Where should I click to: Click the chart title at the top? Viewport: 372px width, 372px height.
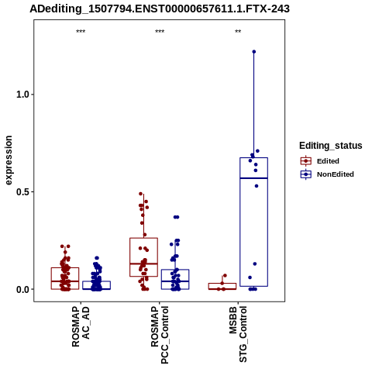pos(160,9)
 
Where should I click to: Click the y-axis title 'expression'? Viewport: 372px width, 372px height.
pos(9,160)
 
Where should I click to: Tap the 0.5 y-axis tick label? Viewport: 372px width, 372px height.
pos(22,192)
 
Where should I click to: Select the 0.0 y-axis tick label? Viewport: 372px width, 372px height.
pos(22,289)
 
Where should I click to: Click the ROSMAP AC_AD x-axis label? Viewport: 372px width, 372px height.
pos(81,327)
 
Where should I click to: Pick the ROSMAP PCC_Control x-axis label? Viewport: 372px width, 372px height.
pos(160,335)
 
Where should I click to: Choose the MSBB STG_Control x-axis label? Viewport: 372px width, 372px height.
pos(238,334)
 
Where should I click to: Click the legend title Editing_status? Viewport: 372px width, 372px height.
pos(331,146)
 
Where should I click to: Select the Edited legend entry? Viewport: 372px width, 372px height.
pos(328,161)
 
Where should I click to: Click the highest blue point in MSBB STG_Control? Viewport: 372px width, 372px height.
pos(254,52)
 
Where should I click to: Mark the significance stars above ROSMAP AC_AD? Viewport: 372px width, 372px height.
pos(81,32)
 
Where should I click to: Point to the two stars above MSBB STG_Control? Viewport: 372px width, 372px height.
pos(238,32)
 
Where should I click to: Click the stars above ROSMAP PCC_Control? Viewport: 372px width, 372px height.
pos(160,32)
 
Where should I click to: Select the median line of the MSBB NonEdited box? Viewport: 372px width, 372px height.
pos(253,178)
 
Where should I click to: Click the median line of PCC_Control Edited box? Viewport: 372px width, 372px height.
pos(143,263)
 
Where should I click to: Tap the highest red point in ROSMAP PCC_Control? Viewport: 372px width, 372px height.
pos(141,194)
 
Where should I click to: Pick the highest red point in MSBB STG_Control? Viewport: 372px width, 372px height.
pos(225,275)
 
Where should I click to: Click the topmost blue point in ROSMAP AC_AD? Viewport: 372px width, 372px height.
pos(97,258)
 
